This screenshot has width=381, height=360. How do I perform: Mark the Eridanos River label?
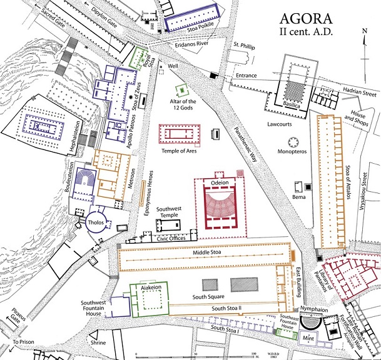[x=193, y=46]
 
